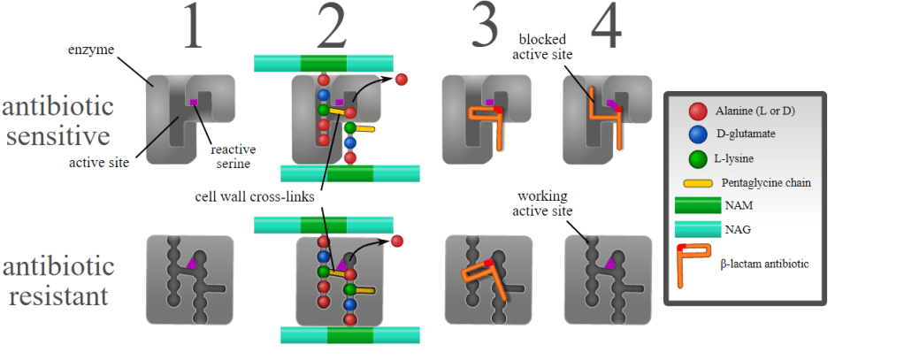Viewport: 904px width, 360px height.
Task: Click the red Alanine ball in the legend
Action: point(700,112)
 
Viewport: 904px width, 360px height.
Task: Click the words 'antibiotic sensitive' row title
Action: point(57,122)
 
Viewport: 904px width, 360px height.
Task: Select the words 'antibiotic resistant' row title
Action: point(57,280)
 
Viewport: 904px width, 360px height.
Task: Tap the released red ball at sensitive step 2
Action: point(401,80)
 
